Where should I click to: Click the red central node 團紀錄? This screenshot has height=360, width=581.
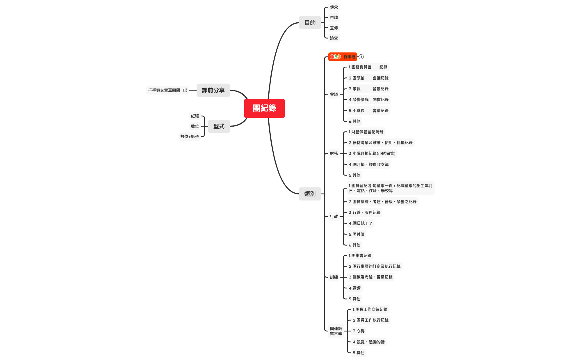[x=264, y=108]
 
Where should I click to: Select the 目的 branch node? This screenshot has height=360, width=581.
[x=310, y=23]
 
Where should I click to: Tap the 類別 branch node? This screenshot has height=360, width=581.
[x=310, y=194]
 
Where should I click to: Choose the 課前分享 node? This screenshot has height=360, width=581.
[x=213, y=90]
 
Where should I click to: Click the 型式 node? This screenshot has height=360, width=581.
[x=219, y=126]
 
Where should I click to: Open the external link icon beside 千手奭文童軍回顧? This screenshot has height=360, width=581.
[x=185, y=90]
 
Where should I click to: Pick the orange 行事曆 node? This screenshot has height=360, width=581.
[x=343, y=57]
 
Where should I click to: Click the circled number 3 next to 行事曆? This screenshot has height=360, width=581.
[x=361, y=57]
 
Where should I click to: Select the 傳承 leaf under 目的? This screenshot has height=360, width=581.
[x=334, y=7]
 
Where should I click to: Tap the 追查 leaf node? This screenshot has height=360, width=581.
[x=334, y=38]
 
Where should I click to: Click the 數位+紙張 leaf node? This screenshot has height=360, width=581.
[x=189, y=136]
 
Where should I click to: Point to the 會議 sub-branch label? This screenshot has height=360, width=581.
[x=334, y=94]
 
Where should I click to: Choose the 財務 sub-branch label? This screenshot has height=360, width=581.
[x=334, y=153]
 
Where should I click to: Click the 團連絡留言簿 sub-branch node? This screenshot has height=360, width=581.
[x=336, y=331]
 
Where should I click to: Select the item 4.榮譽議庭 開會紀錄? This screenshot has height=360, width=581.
[x=368, y=100]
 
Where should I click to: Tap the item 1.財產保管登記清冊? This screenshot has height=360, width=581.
[x=366, y=132]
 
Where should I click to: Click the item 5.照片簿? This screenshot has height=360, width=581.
[x=357, y=234]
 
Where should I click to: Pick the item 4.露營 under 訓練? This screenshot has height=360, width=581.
[x=355, y=288]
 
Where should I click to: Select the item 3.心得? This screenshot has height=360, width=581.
[x=359, y=331]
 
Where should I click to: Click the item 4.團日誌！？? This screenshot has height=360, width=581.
[x=360, y=223]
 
